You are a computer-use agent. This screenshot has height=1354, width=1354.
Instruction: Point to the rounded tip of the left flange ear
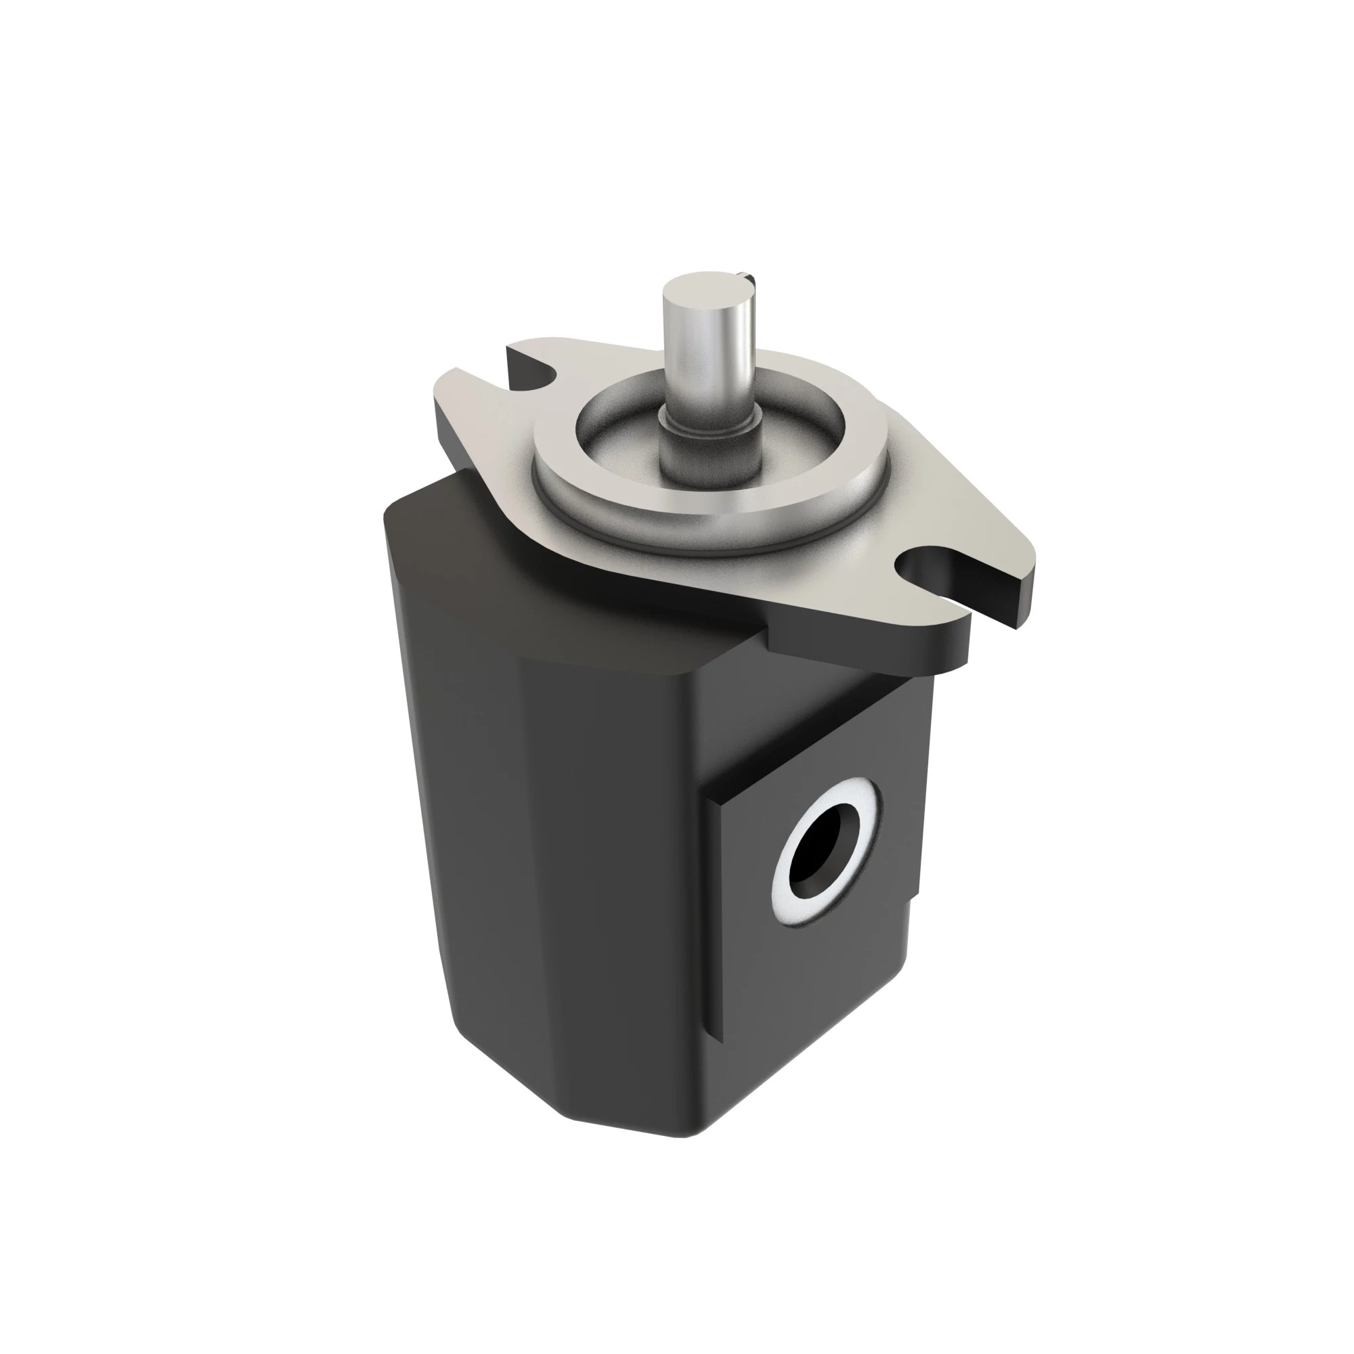pyautogui.click(x=449, y=393)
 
